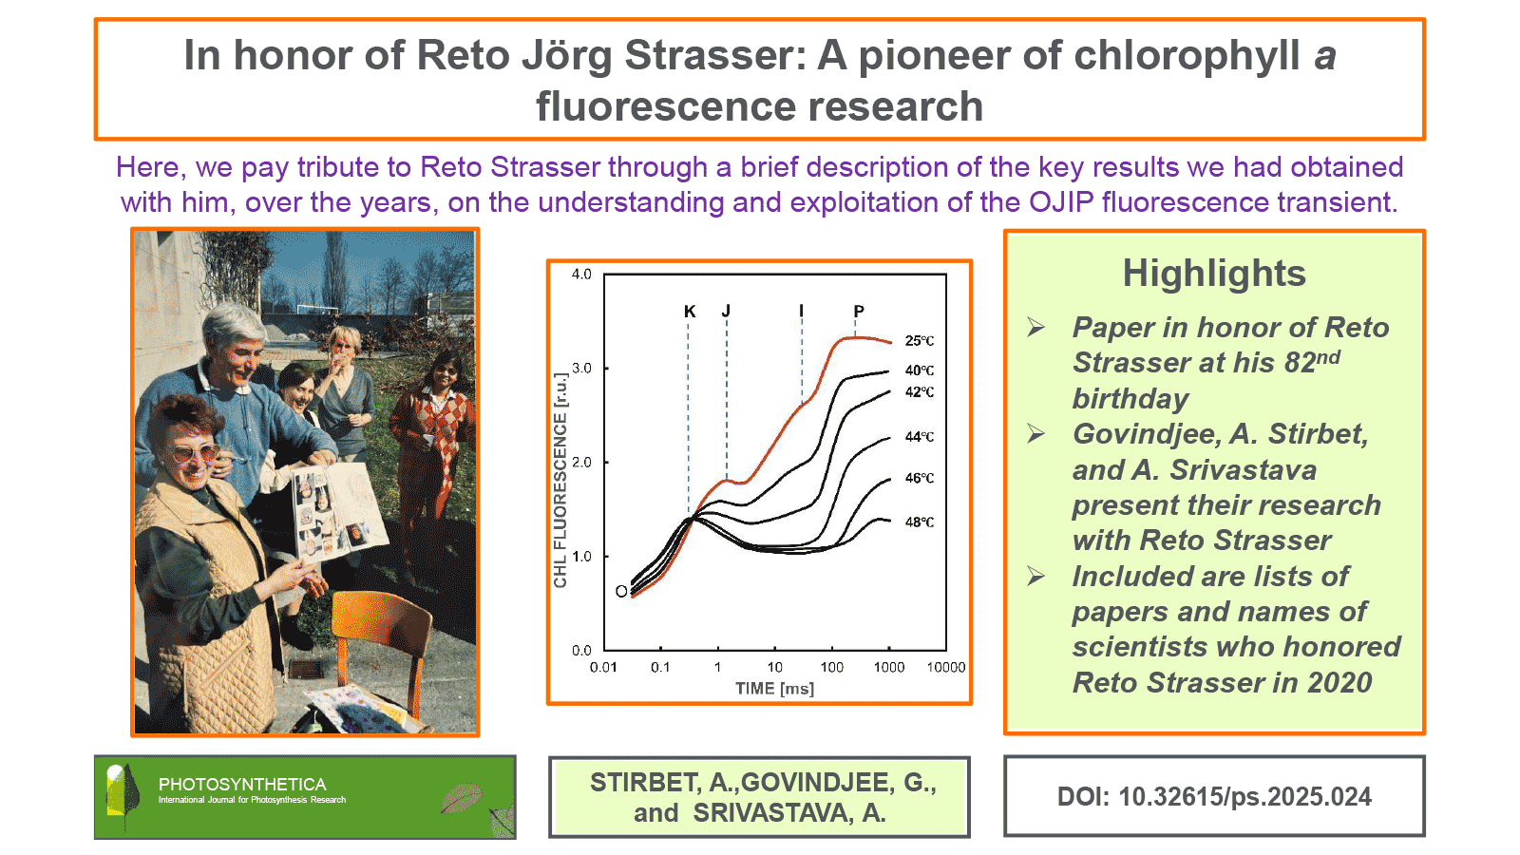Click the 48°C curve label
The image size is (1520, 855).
click(920, 522)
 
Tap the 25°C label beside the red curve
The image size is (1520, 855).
click(920, 341)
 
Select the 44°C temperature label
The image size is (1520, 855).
click(920, 436)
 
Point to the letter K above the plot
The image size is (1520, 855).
click(690, 312)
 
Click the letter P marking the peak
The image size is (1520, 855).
click(859, 312)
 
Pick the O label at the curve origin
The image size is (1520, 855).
click(621, 592)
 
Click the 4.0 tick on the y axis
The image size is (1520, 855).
click(581, 275)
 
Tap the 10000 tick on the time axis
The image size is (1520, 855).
click(946, 667)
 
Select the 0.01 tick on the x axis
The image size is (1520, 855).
click(603, 667)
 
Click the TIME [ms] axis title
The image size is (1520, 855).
click(775, 689)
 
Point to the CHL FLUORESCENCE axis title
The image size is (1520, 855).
click(560, 481)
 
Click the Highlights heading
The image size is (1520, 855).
click(1214, 273)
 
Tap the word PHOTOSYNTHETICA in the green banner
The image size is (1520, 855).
click(242, 785)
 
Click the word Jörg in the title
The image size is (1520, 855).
click(566, 56)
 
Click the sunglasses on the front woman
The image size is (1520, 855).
click(193, 452)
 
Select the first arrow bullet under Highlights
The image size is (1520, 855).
click(1035, 327)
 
